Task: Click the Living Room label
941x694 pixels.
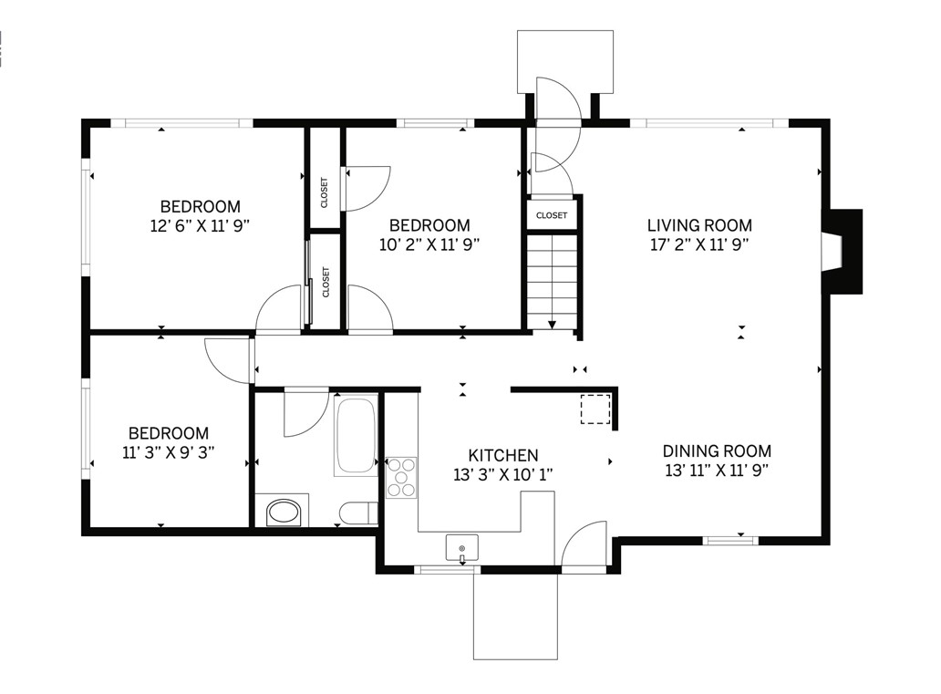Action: (x=699, y=226)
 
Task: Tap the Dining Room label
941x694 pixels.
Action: (x=717, y=451)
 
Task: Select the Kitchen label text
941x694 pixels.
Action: (x=503, y=455)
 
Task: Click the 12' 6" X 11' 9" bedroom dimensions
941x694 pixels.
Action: (x=200, y=226)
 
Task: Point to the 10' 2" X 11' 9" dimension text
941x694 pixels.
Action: (x=429, y=244)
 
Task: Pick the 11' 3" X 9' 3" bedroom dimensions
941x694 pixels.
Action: (x=169, y=452)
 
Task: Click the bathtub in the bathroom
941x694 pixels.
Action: (x=356, y=435)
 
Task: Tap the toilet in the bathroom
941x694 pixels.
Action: (x=358, y=513)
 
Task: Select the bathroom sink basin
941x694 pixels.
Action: (x=283, y=513)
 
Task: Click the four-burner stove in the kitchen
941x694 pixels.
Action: (x=401, y=478)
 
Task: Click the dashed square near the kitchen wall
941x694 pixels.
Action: (x=595, y=409)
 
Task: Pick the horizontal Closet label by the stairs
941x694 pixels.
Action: (x=552, y=215)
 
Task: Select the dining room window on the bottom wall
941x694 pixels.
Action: (x=730, y=540)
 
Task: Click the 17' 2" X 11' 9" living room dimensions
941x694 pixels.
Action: (x=699, y=245)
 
